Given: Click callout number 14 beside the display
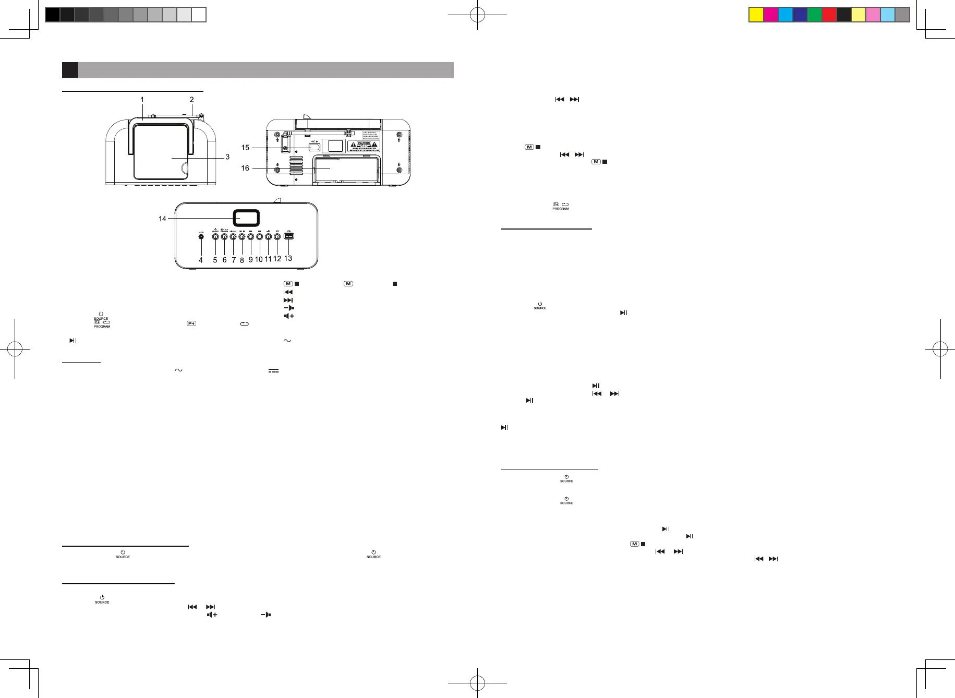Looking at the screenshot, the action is pos(162,219).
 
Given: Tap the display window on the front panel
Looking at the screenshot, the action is pos(246,218).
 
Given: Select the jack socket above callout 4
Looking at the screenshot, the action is pos(201,236).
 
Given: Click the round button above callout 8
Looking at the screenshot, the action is pos(242,236).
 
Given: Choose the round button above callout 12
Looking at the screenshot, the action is pos(277,236).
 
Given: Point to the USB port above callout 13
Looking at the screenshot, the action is pos(288,236).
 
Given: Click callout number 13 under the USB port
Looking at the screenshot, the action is pos(288,258).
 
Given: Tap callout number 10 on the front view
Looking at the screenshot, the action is pos(259,259).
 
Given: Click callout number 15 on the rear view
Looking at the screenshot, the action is pos(245,148).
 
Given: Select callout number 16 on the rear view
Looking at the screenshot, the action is pos(245,168).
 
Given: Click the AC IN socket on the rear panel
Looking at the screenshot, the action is pos(314,147).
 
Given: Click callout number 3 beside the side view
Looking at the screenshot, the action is pos(227,157).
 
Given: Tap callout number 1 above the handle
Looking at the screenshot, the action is pos(142,100).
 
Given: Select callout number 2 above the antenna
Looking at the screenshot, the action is pos(192,100).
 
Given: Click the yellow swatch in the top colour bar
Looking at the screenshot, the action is pos(756,15).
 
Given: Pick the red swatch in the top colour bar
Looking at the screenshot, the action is pos(829,15).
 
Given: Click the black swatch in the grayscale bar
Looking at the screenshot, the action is pos(52,15).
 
